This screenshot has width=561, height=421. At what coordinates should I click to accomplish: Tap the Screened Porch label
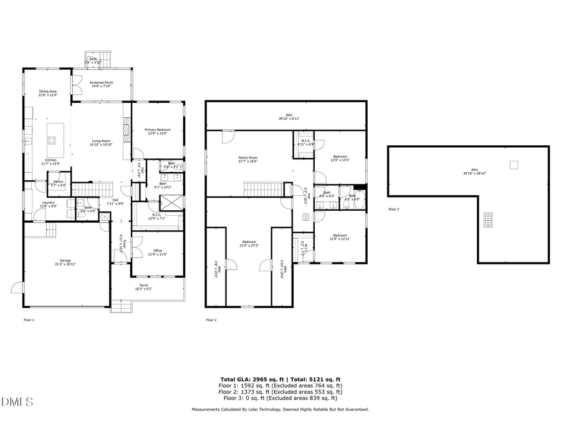click(101, 84)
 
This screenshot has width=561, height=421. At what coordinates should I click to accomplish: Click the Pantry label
click(58, 183)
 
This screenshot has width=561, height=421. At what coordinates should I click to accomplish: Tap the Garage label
click(65, 262)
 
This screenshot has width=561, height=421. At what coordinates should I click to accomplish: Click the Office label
click(157, 252)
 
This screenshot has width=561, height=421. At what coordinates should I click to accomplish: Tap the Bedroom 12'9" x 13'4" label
click(340, 158)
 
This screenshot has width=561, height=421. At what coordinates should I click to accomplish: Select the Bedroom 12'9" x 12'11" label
click(340, 237)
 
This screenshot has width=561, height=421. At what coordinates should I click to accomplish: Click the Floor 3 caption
click(393, 210)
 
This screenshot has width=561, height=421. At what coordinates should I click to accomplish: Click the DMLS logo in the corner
click(17, 402)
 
